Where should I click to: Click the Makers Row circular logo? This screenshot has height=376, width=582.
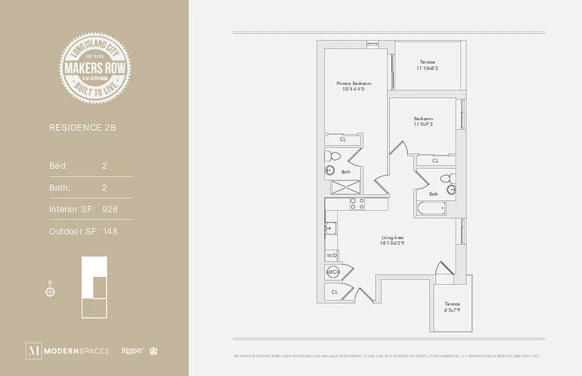95,68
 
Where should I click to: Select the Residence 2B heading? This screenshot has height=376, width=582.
82,127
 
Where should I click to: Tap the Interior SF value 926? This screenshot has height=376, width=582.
110,209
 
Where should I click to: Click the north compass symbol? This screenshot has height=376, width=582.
50,292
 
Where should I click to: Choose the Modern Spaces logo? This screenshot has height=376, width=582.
67,351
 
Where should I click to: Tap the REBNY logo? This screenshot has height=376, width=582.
132,351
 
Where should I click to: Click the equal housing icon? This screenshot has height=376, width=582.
153,351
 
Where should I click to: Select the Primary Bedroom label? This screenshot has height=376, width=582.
350,86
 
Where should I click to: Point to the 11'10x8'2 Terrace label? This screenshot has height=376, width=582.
427,65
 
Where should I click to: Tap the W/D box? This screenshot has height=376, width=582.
331,256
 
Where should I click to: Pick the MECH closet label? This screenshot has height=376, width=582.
333,272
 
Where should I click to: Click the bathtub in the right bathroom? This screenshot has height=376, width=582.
431,208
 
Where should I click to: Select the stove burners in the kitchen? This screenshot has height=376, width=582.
357,204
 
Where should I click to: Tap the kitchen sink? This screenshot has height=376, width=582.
330,229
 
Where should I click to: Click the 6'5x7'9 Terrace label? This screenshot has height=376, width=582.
453,307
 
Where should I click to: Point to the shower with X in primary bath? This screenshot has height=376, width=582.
346,187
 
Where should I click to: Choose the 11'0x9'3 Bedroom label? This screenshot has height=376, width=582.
423,121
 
